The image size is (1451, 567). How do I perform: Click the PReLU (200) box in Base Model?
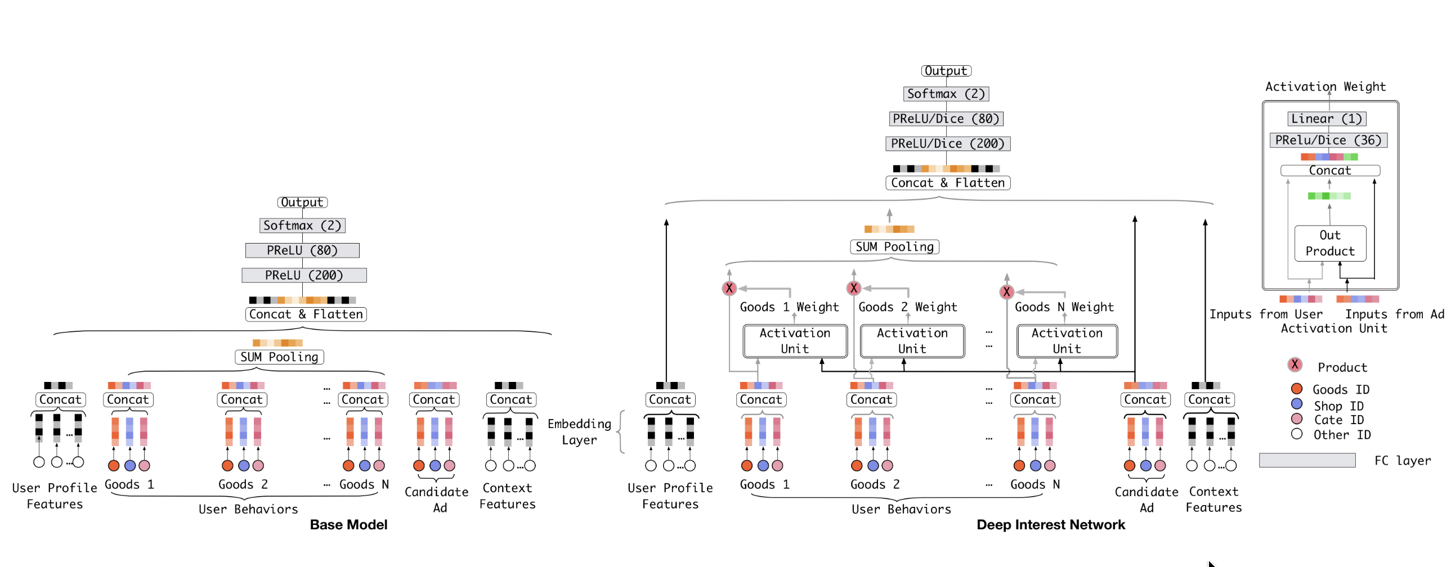pyautogui.click(x=304, y=275)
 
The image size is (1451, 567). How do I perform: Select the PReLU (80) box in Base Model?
pyautogui.click(x=302, y=250)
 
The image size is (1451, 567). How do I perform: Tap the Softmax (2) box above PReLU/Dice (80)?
pyautogui.click(x=946, y=94)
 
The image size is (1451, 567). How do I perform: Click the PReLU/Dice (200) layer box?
pyautogui.click(x=948, y=143)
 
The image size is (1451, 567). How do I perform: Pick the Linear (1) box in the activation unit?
pyautogui.click(x=1327, y=119)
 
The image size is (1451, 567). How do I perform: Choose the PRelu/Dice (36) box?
pyautogui.click(x=1328, y=140)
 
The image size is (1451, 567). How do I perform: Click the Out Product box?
pyautogui.click(x=1330, y=243)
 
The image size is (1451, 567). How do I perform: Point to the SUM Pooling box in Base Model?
pyautogui.click(x=279, y=357)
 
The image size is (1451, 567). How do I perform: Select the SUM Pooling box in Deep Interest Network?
pyautogui.click(x=894, y=246)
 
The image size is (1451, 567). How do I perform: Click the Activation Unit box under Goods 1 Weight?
pyautogui.click(x=795, y=341)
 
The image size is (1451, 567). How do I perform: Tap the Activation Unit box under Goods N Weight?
pyautogui.click(x=1067, y=341)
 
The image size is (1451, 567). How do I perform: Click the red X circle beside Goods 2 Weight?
pyautogui.click(x=854, y=289)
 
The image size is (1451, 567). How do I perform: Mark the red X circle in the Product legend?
pyautogui.click(x=1295, y=365)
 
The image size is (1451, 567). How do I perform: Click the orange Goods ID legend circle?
pyautogui.click(x=1297, y=389)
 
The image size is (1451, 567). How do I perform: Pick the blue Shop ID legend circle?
pyautogui.click(x=1297, y=404)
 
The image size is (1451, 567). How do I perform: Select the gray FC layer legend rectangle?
pyautogui.click(x=1307, y=461)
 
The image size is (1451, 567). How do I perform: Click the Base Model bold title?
pyautogui.click(x=348, y=525)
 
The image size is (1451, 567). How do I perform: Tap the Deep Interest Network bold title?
pyautogui.click(x=1050, y=525)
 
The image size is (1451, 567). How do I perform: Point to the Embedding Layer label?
pyautogui.click(x=579, y=432)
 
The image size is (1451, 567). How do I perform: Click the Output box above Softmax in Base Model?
pyautogui.click(x=302, y=202)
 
